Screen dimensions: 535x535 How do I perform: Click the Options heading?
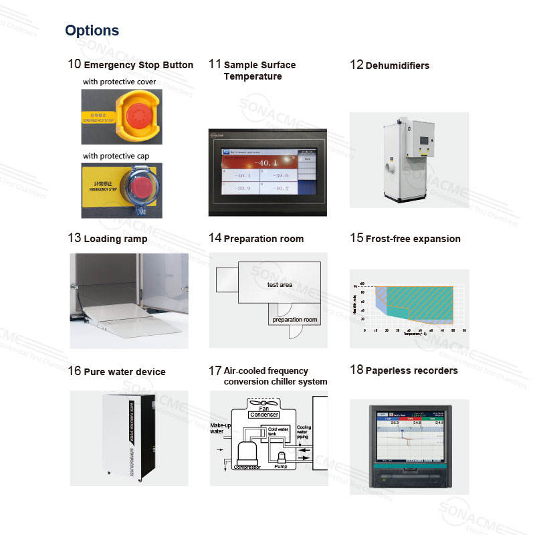point(92,31)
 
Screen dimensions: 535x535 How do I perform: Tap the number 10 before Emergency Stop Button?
point(74,64)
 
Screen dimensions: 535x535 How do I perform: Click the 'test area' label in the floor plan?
point(280,285)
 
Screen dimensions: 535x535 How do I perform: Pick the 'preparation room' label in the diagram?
point(294,320)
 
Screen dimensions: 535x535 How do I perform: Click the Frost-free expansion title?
point(413,239)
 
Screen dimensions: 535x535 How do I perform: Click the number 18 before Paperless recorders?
point(356,370)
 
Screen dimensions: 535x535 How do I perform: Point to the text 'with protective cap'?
point(116,156)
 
